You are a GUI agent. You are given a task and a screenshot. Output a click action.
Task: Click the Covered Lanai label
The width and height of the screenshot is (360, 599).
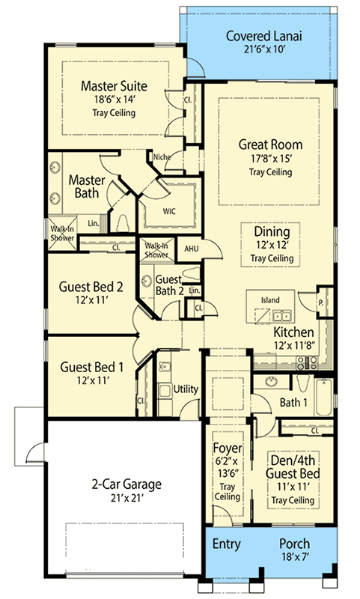tap(263, 36)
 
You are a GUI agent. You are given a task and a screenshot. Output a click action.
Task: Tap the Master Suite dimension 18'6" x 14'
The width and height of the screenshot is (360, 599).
tap(115, 100)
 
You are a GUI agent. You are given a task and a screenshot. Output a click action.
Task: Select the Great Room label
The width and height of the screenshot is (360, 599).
tap(270, 145)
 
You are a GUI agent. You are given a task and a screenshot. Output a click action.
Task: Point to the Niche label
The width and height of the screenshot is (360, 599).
tap(162, 156)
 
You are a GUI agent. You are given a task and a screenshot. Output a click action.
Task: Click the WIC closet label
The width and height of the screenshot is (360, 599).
tap(169, 211)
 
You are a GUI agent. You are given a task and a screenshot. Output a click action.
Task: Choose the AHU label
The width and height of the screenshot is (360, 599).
tap(192, 249)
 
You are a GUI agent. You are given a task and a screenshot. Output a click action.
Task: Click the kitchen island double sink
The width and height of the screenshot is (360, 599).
tap(281, 316)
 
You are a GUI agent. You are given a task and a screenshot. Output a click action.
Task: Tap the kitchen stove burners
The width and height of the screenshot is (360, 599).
tap(307, 362)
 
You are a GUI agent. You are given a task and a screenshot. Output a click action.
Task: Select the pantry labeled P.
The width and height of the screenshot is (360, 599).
tap(321, 303)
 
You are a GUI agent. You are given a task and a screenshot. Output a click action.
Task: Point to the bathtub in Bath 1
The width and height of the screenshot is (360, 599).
tap(324, 397)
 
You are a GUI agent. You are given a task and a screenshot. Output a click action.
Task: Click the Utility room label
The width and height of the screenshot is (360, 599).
tap(186, 389)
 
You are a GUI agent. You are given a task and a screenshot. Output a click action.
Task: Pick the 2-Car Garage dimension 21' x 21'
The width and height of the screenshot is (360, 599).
tap(126, 498)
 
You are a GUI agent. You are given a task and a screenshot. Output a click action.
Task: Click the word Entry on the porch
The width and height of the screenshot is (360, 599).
tap(226, 544)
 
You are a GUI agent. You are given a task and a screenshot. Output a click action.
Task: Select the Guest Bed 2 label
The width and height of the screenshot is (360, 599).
tap(91, 287)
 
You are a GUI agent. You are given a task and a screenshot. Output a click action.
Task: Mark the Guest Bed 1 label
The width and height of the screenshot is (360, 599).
tap(91, 367)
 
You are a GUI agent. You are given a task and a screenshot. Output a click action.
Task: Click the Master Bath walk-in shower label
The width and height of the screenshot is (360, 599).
tap(62, 233)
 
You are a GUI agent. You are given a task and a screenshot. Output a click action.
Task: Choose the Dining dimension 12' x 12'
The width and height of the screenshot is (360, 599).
tap(272, 245)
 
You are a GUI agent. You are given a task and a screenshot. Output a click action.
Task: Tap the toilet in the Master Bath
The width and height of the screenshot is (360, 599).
tap(123, 223)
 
